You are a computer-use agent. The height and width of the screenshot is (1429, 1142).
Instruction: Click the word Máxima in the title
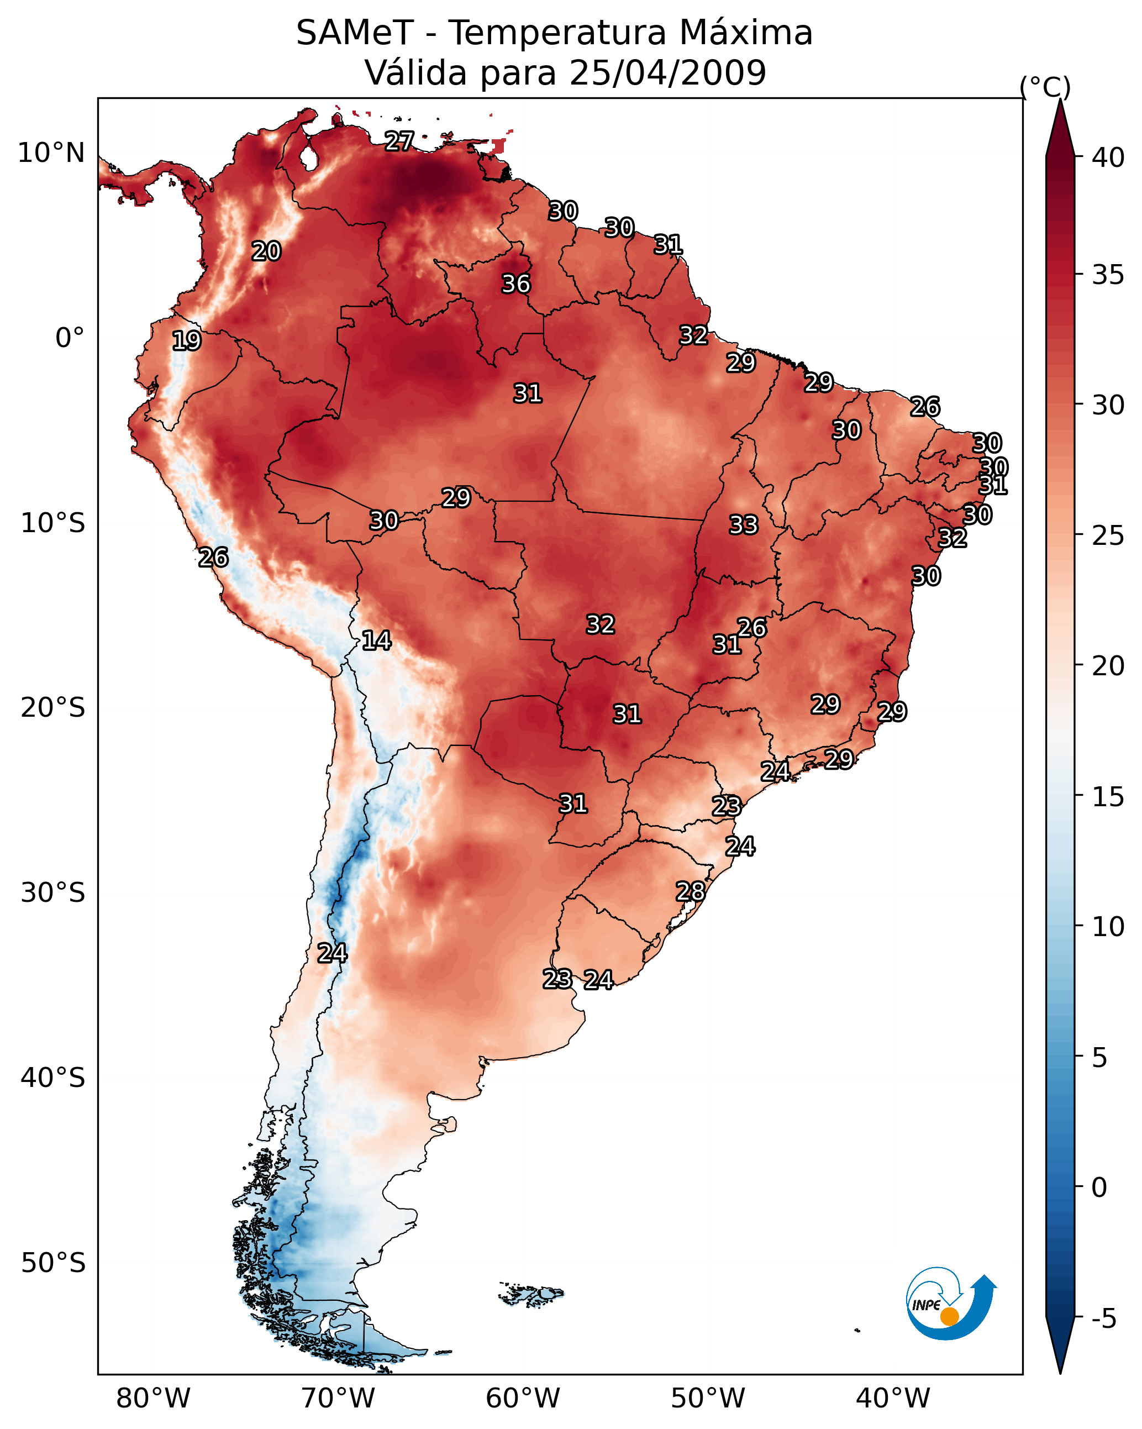[x=745, y=33]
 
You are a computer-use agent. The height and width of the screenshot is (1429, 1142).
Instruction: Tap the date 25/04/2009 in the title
[x=667, y=72]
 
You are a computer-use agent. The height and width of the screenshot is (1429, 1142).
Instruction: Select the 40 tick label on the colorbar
[x=1108, y=157]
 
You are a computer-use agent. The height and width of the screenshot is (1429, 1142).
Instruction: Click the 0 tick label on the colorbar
[x=1099, y=1187]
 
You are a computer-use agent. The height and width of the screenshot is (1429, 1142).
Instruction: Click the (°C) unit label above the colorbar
[x=1045, y=87]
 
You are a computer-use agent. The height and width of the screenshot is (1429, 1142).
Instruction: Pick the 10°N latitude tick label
[x=51, y=153]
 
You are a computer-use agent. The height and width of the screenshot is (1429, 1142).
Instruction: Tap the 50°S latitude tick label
[x=53, y=1263]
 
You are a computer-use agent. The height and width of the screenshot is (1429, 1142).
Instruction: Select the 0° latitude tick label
[x=70, y=338]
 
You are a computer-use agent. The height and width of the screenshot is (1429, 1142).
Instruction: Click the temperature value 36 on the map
[x=515, y=283]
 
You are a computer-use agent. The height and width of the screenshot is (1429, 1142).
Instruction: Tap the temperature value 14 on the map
[x=376, y=640]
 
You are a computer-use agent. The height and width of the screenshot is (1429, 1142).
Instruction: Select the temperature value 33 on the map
[x=743, y=525]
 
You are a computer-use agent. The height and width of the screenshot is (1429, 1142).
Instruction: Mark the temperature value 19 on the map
[x=186, y=341]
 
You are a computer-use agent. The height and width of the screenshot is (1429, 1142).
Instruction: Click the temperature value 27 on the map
[x=399, y=141]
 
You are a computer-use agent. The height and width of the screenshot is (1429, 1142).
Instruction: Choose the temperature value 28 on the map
[x=690, y=891]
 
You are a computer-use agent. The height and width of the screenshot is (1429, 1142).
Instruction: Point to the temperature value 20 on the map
[x=266, y=251]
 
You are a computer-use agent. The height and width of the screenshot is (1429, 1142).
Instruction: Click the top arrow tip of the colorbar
[x=1060, y=99]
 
